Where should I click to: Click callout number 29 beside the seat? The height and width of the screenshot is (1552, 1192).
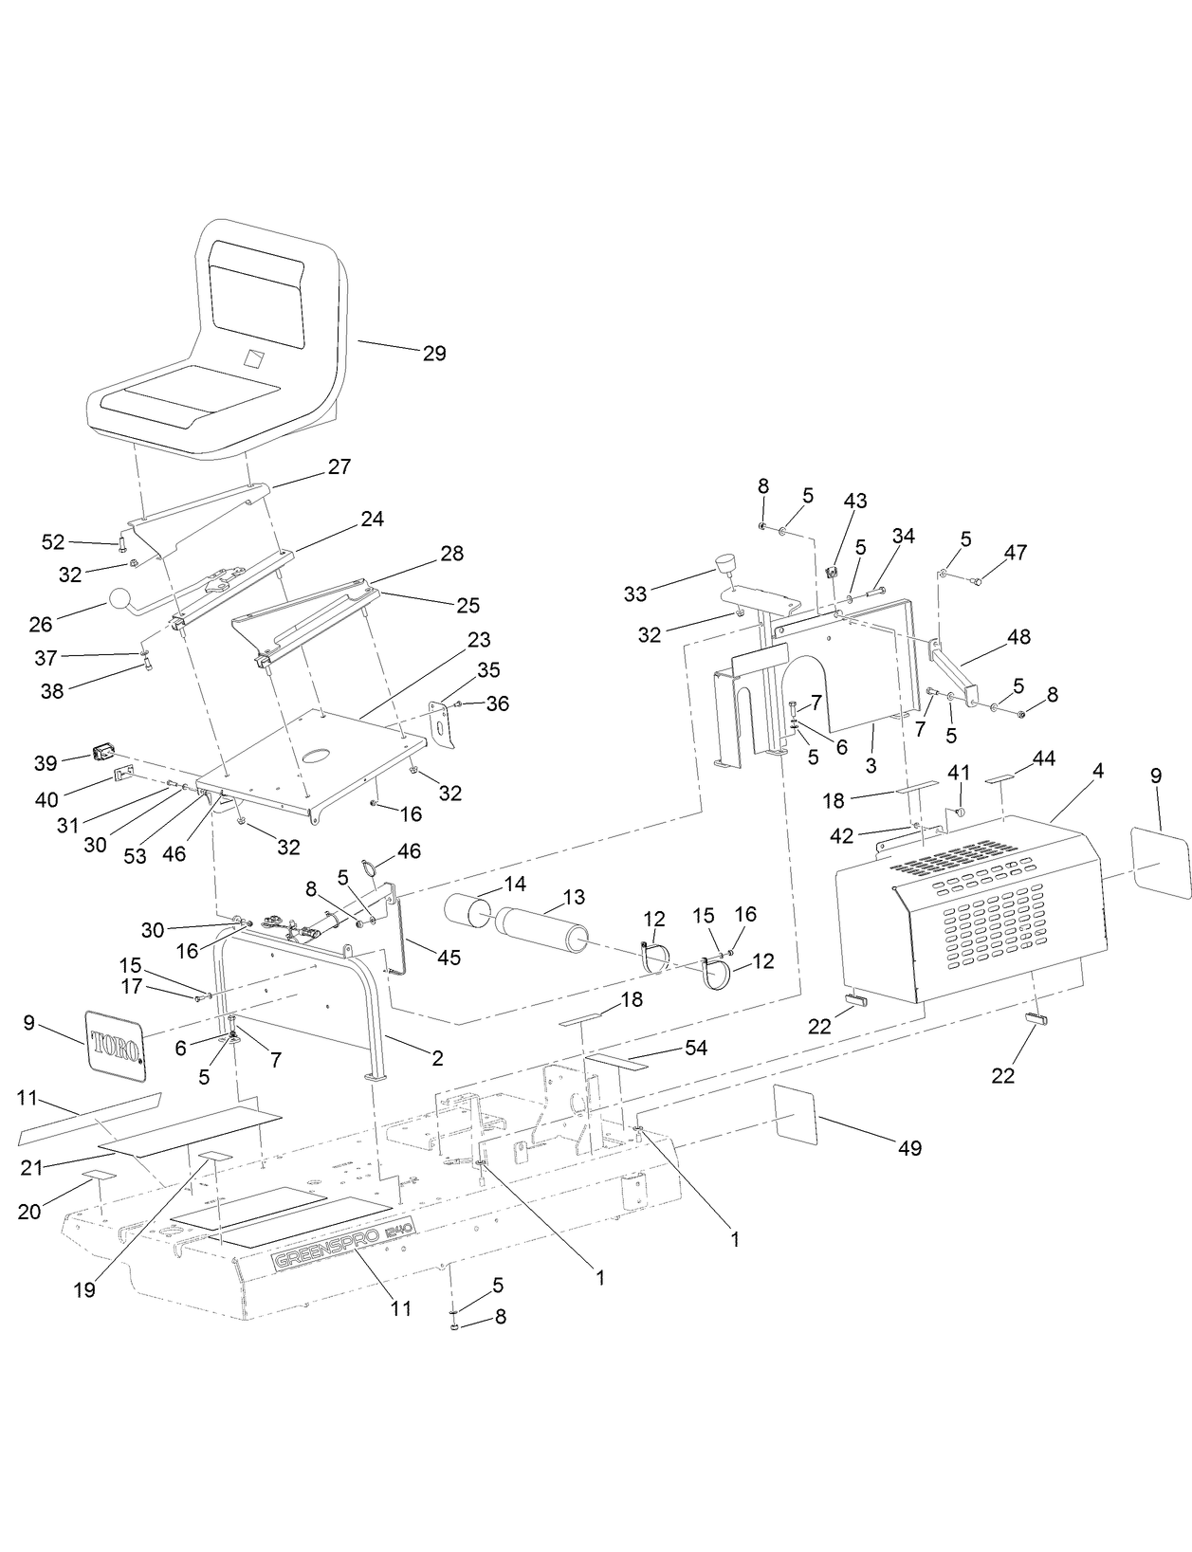pos(434,354)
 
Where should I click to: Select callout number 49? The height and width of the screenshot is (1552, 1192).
pos(909,1148)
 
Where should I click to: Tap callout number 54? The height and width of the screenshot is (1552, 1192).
pos(696,1048)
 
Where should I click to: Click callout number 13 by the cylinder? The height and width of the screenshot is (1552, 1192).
pos(574,897)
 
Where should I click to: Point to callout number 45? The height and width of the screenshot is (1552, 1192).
pos(449,958)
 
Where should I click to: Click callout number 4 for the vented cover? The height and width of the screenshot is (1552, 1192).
pos(1097,772)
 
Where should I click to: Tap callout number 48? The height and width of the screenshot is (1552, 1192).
pos(1018,637)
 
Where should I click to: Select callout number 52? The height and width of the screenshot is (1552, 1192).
pos(53,541)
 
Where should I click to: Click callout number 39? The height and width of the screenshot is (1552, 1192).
pos(46,762)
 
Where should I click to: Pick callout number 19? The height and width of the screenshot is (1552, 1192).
pos(84,1290)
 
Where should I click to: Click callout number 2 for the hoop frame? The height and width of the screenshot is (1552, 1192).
pos(436,1058)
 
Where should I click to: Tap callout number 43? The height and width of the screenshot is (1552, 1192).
pos(855,501)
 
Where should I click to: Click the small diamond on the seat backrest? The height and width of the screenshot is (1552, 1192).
pos(254,359)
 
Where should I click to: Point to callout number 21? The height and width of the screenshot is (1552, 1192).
pos(32,1167)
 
